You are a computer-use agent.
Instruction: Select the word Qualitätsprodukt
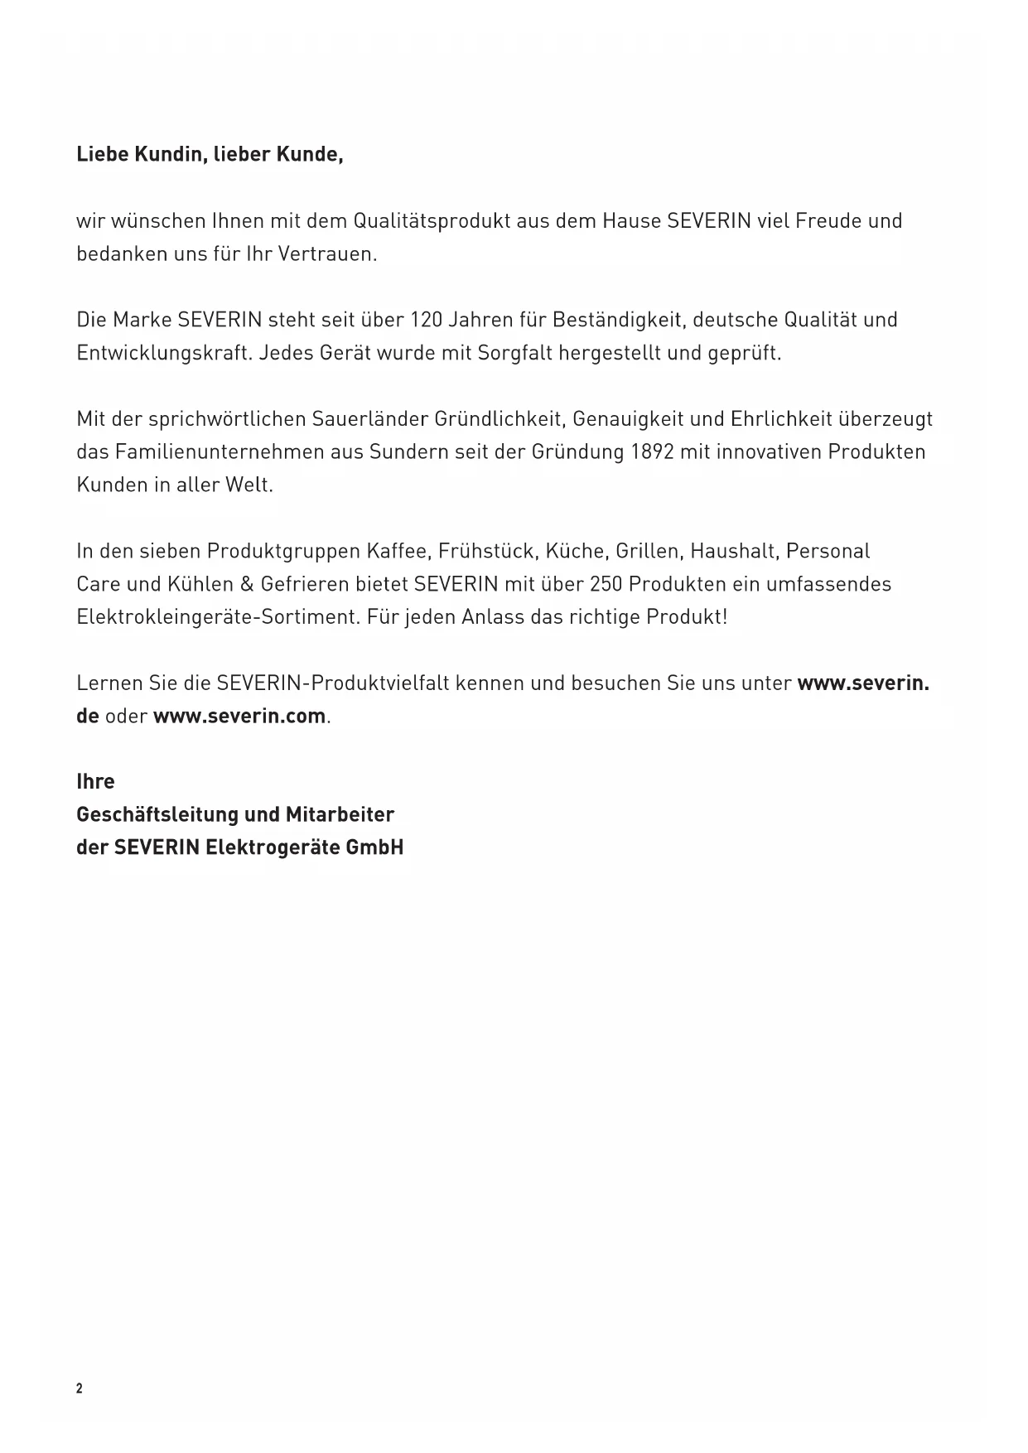[432, 221]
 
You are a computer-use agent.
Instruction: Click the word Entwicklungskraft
[162, 353]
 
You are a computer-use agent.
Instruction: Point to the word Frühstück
[489, 551]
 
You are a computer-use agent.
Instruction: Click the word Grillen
[647, 551]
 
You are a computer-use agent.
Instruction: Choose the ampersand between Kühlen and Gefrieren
[246, 584]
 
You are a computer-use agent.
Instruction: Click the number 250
[606, 584]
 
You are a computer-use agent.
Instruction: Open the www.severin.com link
[239, 717]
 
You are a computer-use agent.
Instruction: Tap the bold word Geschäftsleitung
[157, 815]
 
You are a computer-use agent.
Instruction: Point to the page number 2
[80, 1389]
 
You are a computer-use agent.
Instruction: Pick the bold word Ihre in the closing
[95, 782]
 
